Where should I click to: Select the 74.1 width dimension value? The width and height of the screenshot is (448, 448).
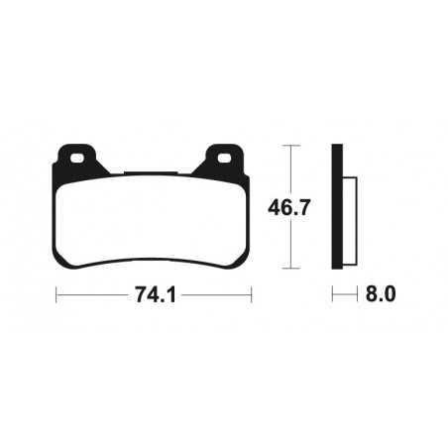click(x=154, y=294)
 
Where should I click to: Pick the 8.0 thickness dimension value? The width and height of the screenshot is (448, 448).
click(x=381, y=294)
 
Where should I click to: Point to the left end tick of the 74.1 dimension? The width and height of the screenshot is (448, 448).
click(x=56, y=294)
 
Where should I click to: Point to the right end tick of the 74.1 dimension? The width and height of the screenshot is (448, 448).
click(x=252, y=294)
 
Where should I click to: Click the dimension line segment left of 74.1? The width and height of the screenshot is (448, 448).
click(x=94, y=294)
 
